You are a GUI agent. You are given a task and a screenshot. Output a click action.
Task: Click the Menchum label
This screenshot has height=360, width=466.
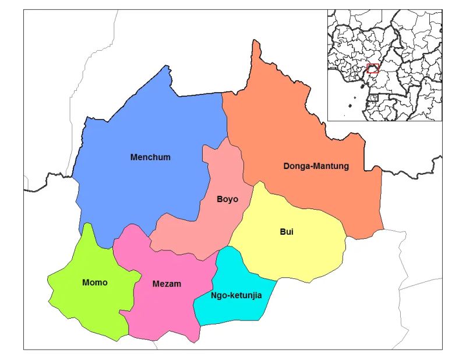point(150,157)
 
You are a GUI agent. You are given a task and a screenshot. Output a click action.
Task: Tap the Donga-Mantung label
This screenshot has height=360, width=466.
point(316,166)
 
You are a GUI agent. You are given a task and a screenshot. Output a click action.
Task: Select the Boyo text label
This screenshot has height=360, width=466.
point(227,199)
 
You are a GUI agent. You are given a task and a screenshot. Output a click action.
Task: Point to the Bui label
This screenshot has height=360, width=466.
point(286,232)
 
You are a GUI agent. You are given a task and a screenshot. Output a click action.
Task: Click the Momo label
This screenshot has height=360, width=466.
point(95,283)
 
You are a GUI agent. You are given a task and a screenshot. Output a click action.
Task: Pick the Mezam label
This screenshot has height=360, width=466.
point(167,284)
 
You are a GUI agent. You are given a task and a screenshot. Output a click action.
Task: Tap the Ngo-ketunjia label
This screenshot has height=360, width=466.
point(235,295)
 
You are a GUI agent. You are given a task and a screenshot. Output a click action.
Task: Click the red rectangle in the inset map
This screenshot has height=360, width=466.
point(373,68)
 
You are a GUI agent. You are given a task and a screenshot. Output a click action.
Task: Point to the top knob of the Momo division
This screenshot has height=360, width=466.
point(88,225)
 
